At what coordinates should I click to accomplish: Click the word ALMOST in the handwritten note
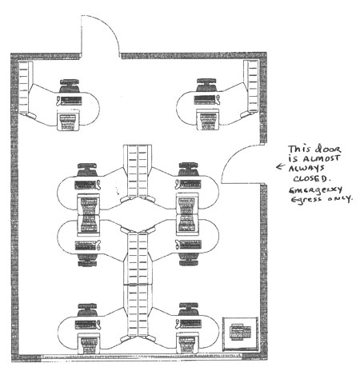pyautogui.click(x=322, y=158)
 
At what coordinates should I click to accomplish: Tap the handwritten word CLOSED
pyautogui.click(x=310, y=178)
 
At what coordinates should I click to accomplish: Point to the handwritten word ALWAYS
pyautogui.click(x=306, y=168)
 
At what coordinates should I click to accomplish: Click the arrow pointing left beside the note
pyautogui.click(x=281, y=166)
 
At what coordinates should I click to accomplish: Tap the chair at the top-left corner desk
pyautogui.click(x=70, y=86)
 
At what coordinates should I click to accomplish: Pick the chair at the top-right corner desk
pyautogui.click(x=206, y=86)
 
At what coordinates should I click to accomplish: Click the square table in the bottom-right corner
pyautogui.click(x=240, y=334)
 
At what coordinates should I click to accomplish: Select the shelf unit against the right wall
pyautogui.click(x=251, y=86)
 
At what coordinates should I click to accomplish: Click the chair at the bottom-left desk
pyautogui.click(x=87, y=310)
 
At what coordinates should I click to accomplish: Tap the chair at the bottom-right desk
pyautogui.click(x=189, y=309)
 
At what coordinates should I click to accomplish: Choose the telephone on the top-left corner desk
pyautogui.click(x=58, y=102)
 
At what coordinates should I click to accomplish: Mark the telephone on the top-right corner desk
pyautogui.click(x=218, y=100)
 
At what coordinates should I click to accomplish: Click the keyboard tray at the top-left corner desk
pyautogui.click(x=69, y=122)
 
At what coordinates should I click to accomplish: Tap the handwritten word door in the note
pyautogui.click(x=328, y=148)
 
